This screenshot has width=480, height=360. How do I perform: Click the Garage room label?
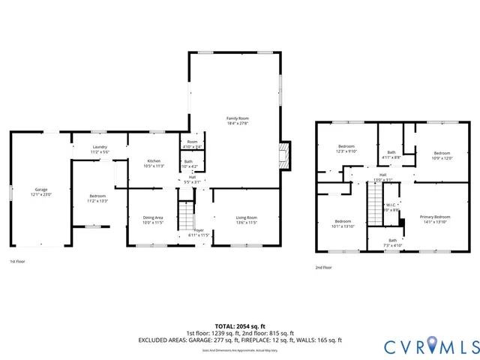[40, 190]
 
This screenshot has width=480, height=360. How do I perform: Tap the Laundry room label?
[100, 147]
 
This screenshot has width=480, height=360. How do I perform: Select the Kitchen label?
[154, 160]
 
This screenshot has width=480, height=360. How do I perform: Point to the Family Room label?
[238, 118]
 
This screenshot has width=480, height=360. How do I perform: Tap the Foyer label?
[199, 230]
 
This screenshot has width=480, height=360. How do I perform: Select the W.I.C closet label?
[391, 205]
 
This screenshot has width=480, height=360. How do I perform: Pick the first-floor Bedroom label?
[98, 196]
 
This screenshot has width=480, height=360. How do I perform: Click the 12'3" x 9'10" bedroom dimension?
[346, 151]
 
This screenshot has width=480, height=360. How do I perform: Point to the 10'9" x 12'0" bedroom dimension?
[442, 157]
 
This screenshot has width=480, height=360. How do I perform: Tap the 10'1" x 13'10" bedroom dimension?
[343, 226]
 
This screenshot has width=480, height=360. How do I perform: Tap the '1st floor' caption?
[19, 261]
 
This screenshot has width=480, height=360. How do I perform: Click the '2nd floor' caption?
[325, 266]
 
